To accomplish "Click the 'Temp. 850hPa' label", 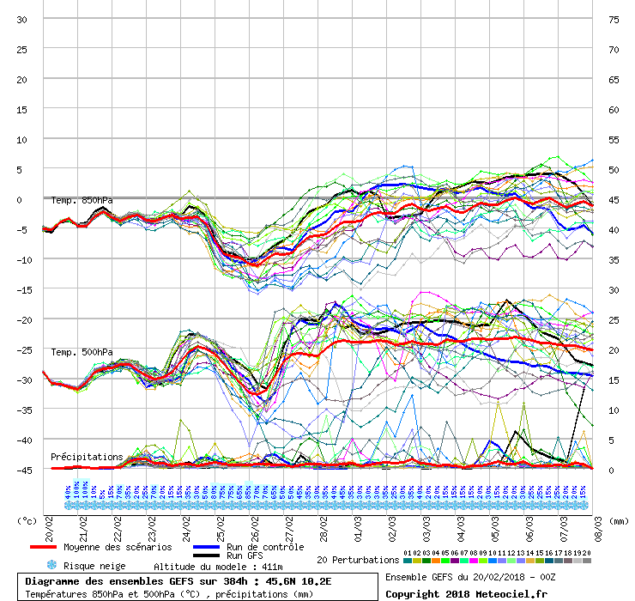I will pos(82,201).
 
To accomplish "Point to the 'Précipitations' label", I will pos(86,457).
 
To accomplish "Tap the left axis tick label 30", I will pos(21,20).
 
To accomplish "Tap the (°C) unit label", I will pos(27,521).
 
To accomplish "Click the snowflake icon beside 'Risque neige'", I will pos(51,566).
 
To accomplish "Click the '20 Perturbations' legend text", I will pos(358,560).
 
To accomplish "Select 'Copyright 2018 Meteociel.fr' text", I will pos(466,593).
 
